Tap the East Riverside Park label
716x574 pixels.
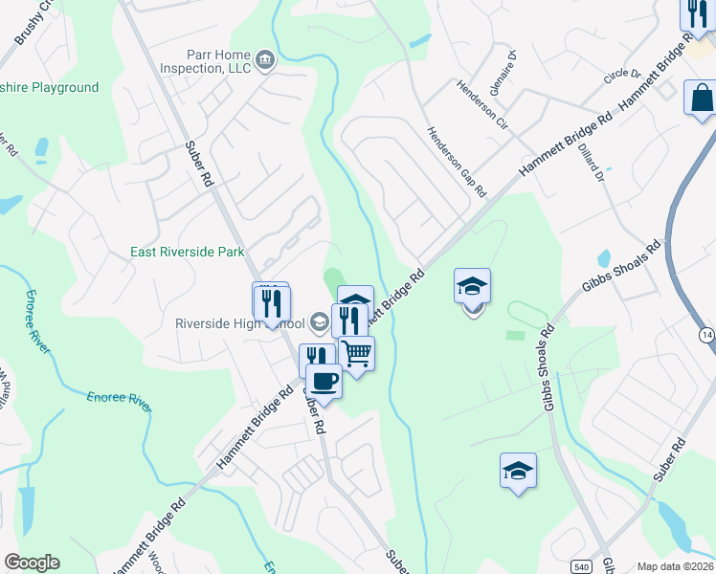188,253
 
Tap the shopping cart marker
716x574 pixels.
356,353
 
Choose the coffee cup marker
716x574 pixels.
324,382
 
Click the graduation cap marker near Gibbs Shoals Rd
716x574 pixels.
518,471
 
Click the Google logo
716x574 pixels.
32,563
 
